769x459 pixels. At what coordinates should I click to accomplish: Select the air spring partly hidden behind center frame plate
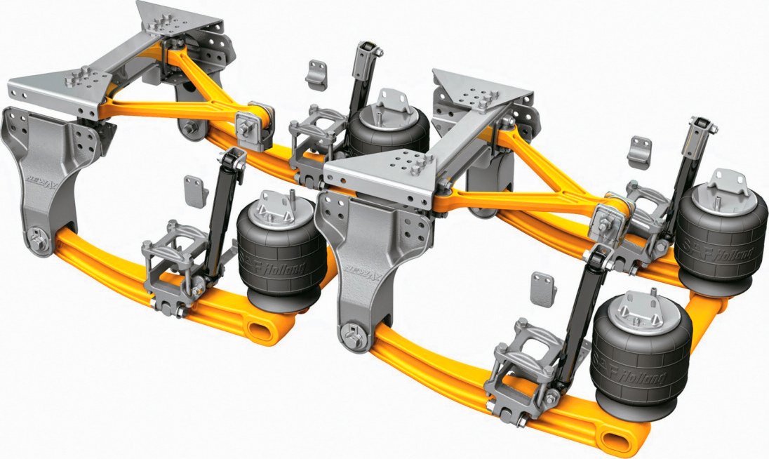tap(387, 130)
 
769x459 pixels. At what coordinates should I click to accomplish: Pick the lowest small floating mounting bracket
tap(542, 287)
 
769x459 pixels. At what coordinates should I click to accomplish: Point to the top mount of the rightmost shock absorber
tap(704, 128)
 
